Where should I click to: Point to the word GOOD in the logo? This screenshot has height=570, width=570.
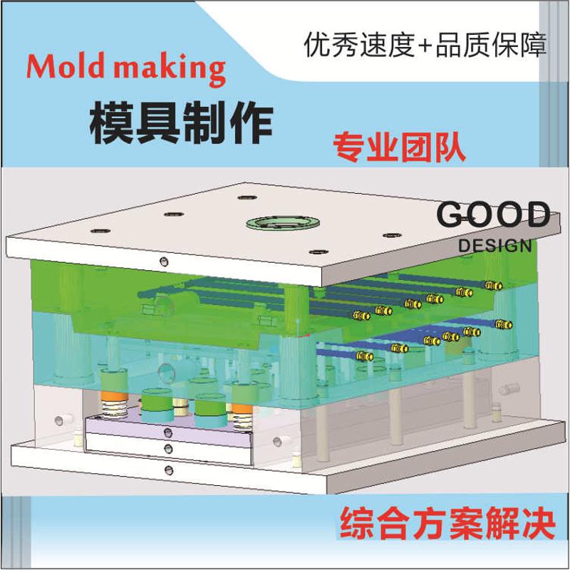(493, 214)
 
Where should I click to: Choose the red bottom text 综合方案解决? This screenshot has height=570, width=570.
(447, 524)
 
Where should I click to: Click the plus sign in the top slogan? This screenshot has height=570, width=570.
(425, 47)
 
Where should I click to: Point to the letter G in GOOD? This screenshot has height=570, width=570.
(450, 214)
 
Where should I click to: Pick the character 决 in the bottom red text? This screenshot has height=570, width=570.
(536, 524)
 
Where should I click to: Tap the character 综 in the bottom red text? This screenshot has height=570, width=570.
(359, 524)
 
